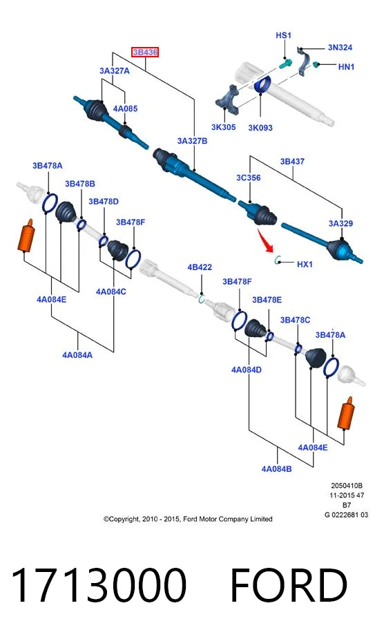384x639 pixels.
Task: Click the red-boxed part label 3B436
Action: [145, 53]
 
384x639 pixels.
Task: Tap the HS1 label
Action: [283, 35]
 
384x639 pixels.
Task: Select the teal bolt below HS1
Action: [285, 64]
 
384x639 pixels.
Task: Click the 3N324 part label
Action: [340, 47]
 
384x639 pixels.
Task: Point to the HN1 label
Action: [346, 66]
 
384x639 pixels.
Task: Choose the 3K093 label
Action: [260, 128]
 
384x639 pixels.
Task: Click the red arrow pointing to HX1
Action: [265, 240]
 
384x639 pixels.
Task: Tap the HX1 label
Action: [305, 264]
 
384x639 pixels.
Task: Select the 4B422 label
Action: [200, 267]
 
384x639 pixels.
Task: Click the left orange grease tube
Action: [26, 236]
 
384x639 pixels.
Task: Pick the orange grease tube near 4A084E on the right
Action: [346, 413]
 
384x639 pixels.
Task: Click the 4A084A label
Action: [77, 355]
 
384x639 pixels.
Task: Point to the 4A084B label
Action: [276, 468]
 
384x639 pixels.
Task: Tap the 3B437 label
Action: [292, 162]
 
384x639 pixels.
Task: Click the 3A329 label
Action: [340, 223]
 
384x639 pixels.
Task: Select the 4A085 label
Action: [125, 108]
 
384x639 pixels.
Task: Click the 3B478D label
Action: [104, 201]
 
